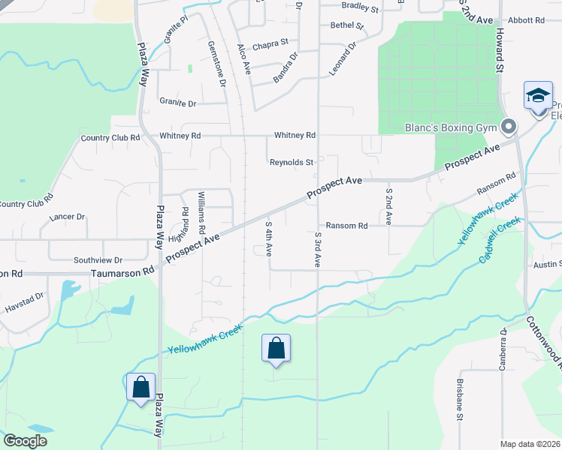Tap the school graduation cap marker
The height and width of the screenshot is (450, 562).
tap(538, 97)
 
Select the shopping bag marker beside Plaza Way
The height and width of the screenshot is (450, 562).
tap(140, 388)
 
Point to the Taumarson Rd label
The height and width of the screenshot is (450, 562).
tap(122, 273)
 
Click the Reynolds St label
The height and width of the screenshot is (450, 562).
tap(292, 162)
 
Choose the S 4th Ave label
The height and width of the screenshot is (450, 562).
tap(268, 238)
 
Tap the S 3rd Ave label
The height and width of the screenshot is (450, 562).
tap(319, 250)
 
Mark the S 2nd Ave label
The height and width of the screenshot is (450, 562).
tap(388, 207)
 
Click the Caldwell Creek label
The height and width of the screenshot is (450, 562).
tap(500, 240)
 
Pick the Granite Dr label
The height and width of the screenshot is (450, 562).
tap(177, 103)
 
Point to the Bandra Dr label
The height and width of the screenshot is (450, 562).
tap(286, 66)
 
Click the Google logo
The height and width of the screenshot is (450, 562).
tap(26, 441)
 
